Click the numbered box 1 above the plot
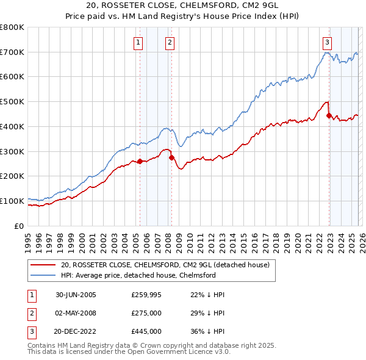point(139,42)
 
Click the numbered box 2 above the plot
point(169,42)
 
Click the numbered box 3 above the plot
point(328,42)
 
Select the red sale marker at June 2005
point(140,161)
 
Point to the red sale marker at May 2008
point(171,157)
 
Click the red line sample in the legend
point(43,265)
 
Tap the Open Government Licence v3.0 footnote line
point(129,352)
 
